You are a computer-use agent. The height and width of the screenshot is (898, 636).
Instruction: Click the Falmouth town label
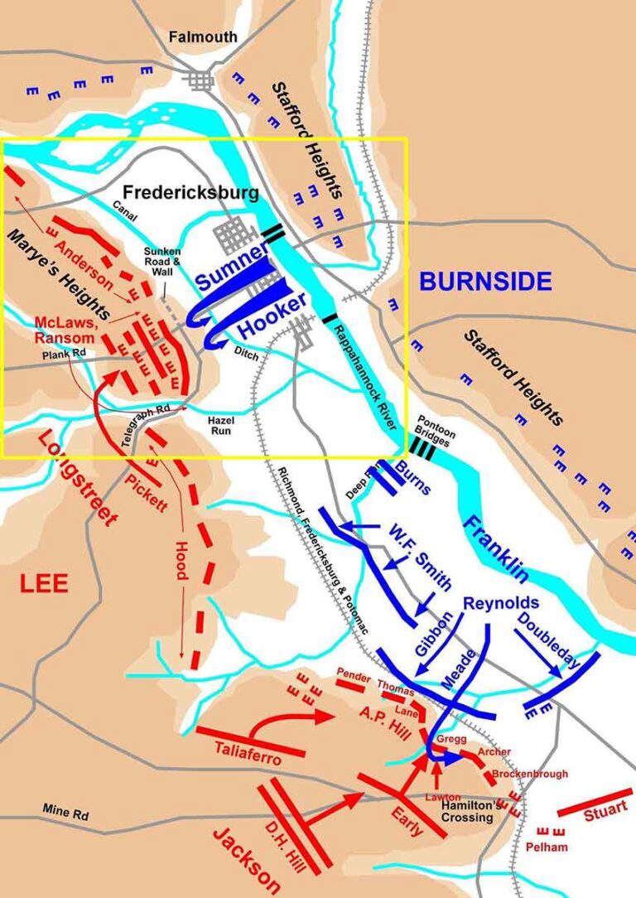pos(202,37)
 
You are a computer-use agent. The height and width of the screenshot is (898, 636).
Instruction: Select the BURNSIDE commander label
pos(485,282)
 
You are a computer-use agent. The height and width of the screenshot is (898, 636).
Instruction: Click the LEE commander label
pos(44,583)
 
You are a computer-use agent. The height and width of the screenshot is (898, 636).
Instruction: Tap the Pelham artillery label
pos(546,847)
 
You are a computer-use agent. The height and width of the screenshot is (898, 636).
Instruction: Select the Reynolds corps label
pos(500,602)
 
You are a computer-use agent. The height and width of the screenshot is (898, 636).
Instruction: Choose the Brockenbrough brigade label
pos(530,774)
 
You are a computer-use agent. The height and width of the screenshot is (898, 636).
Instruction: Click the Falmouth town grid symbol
pos(200,80)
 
